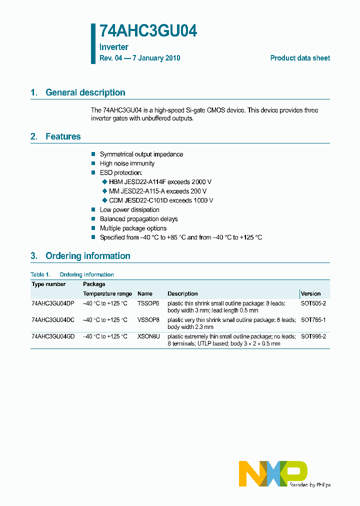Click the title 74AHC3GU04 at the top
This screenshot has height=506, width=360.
pos(148,31)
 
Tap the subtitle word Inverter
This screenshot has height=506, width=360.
pos(114,47)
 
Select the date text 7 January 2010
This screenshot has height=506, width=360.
pos(155,58)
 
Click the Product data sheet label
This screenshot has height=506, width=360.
pos(300,58)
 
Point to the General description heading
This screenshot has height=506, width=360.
pos(85,92)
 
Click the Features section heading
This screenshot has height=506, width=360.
pos(63,136)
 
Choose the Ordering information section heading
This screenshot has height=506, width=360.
pos(87,256)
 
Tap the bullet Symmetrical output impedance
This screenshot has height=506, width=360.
pos(141,154)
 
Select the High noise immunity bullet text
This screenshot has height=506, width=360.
pos(127,163)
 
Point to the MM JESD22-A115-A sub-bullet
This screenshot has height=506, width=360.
pos(137,191)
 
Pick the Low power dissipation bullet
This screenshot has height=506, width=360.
pos(129,210)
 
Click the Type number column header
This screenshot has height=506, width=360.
pos(48,284)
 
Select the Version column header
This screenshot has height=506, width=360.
pos(310,293)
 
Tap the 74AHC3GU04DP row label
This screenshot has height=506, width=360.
pos(52,303)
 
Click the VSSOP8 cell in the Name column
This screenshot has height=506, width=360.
pos(148,320)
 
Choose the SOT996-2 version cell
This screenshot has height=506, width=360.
pos(313,337)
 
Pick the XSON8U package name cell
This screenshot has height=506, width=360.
pos(148,337)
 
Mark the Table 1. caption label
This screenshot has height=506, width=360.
pos(40,274)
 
